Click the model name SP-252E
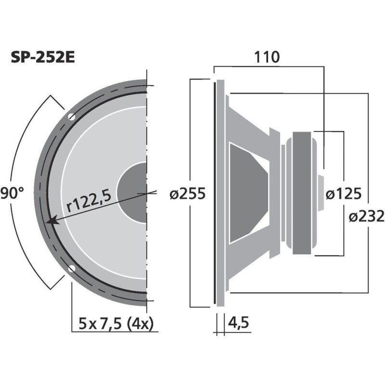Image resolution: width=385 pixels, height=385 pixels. tap(43, 57)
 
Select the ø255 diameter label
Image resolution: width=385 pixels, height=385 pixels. tap(188, 194)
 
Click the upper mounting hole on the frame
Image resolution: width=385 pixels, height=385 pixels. tap(71, 116)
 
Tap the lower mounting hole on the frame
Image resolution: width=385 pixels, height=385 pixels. tap(71, 269)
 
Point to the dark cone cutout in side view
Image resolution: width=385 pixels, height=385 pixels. tap(245, 192)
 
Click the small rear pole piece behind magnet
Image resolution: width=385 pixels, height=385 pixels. tap(321, 192)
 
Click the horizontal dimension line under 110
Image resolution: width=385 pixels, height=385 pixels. tap(267, 66)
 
